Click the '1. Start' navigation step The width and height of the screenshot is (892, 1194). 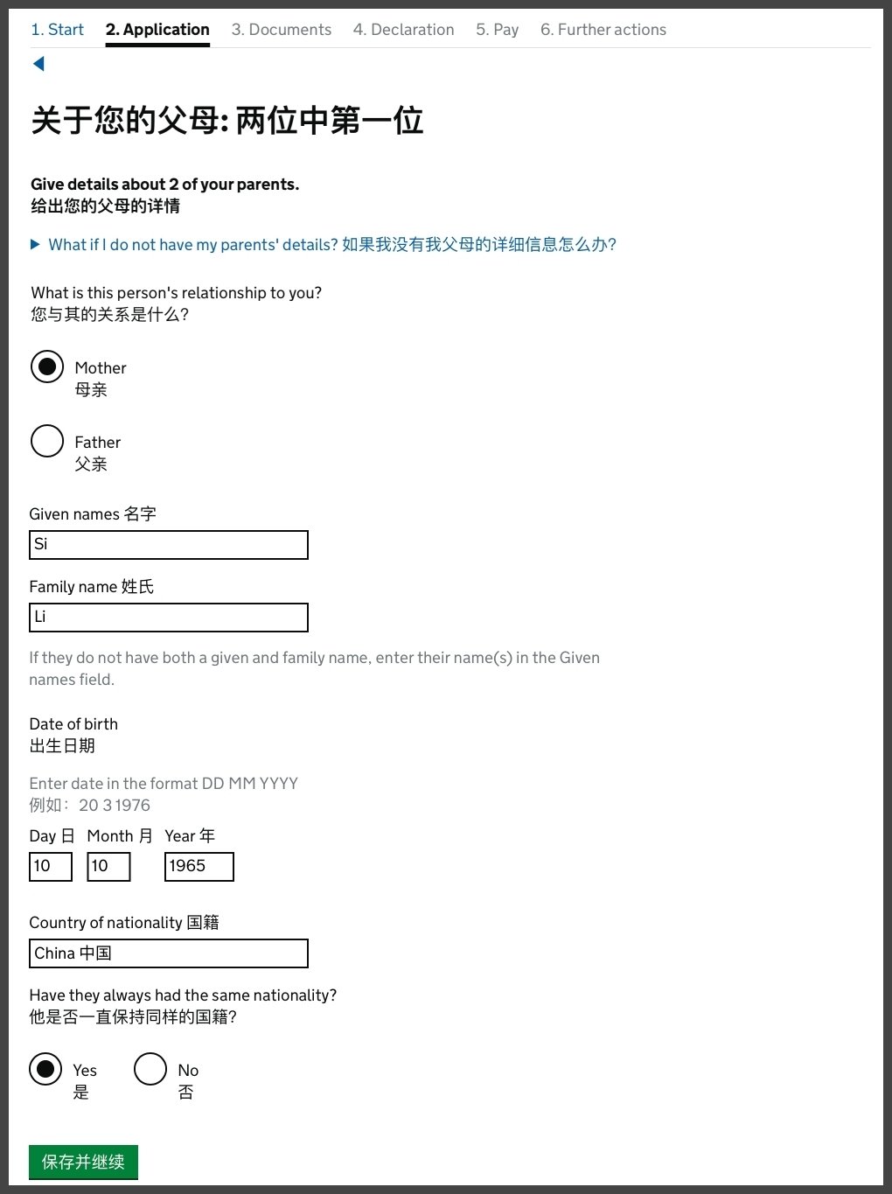(x=57, y=30)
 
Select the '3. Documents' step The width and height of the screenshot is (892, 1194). (x=281, y=30)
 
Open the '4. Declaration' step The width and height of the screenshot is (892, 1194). (x=403, y=30)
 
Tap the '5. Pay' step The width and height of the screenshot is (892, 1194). (x=497, y=30)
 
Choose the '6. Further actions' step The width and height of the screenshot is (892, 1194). (x=603, y=30)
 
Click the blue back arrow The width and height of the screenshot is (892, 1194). (x=38, y=64)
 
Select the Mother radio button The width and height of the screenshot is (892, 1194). (x=47, y=367)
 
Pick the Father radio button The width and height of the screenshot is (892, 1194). (x=47, y=442)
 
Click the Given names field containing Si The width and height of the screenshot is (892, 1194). (x=169, y=545)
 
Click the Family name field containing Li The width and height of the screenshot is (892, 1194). (x=169, y=618)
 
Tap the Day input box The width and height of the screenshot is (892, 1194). (x=51, y=867)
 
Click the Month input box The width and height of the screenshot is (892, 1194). (x=108, y=867)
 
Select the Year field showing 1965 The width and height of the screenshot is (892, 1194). (x=199, y=867)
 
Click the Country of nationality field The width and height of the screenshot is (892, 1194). (x=169, y=953)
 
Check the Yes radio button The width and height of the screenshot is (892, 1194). (x=45, y=1069)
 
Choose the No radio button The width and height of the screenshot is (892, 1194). (x=150, y=1069)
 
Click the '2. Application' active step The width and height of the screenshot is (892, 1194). (x=157, y=30)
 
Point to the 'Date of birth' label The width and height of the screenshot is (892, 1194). (x=73, y=724)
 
